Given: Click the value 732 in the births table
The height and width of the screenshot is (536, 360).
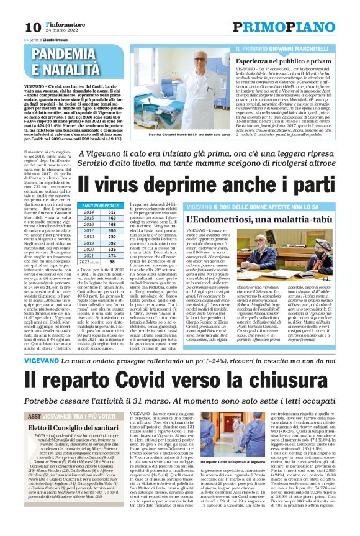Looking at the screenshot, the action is point(112,237).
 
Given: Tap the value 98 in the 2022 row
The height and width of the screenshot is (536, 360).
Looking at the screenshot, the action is point(112,261).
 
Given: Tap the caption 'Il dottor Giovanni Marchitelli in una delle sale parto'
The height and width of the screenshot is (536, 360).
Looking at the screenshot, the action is point(182,134).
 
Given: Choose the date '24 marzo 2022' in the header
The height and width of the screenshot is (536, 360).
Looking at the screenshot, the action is point(61,30).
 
